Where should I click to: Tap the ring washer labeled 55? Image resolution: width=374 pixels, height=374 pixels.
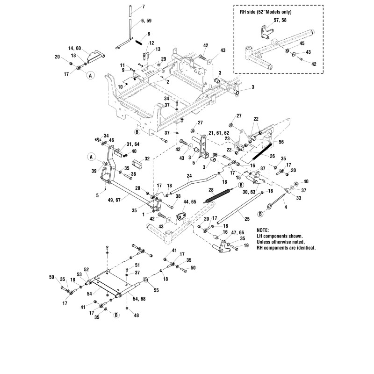145,280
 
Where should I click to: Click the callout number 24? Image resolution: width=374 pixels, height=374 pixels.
189,176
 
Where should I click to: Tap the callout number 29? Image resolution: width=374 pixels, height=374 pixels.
164,58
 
